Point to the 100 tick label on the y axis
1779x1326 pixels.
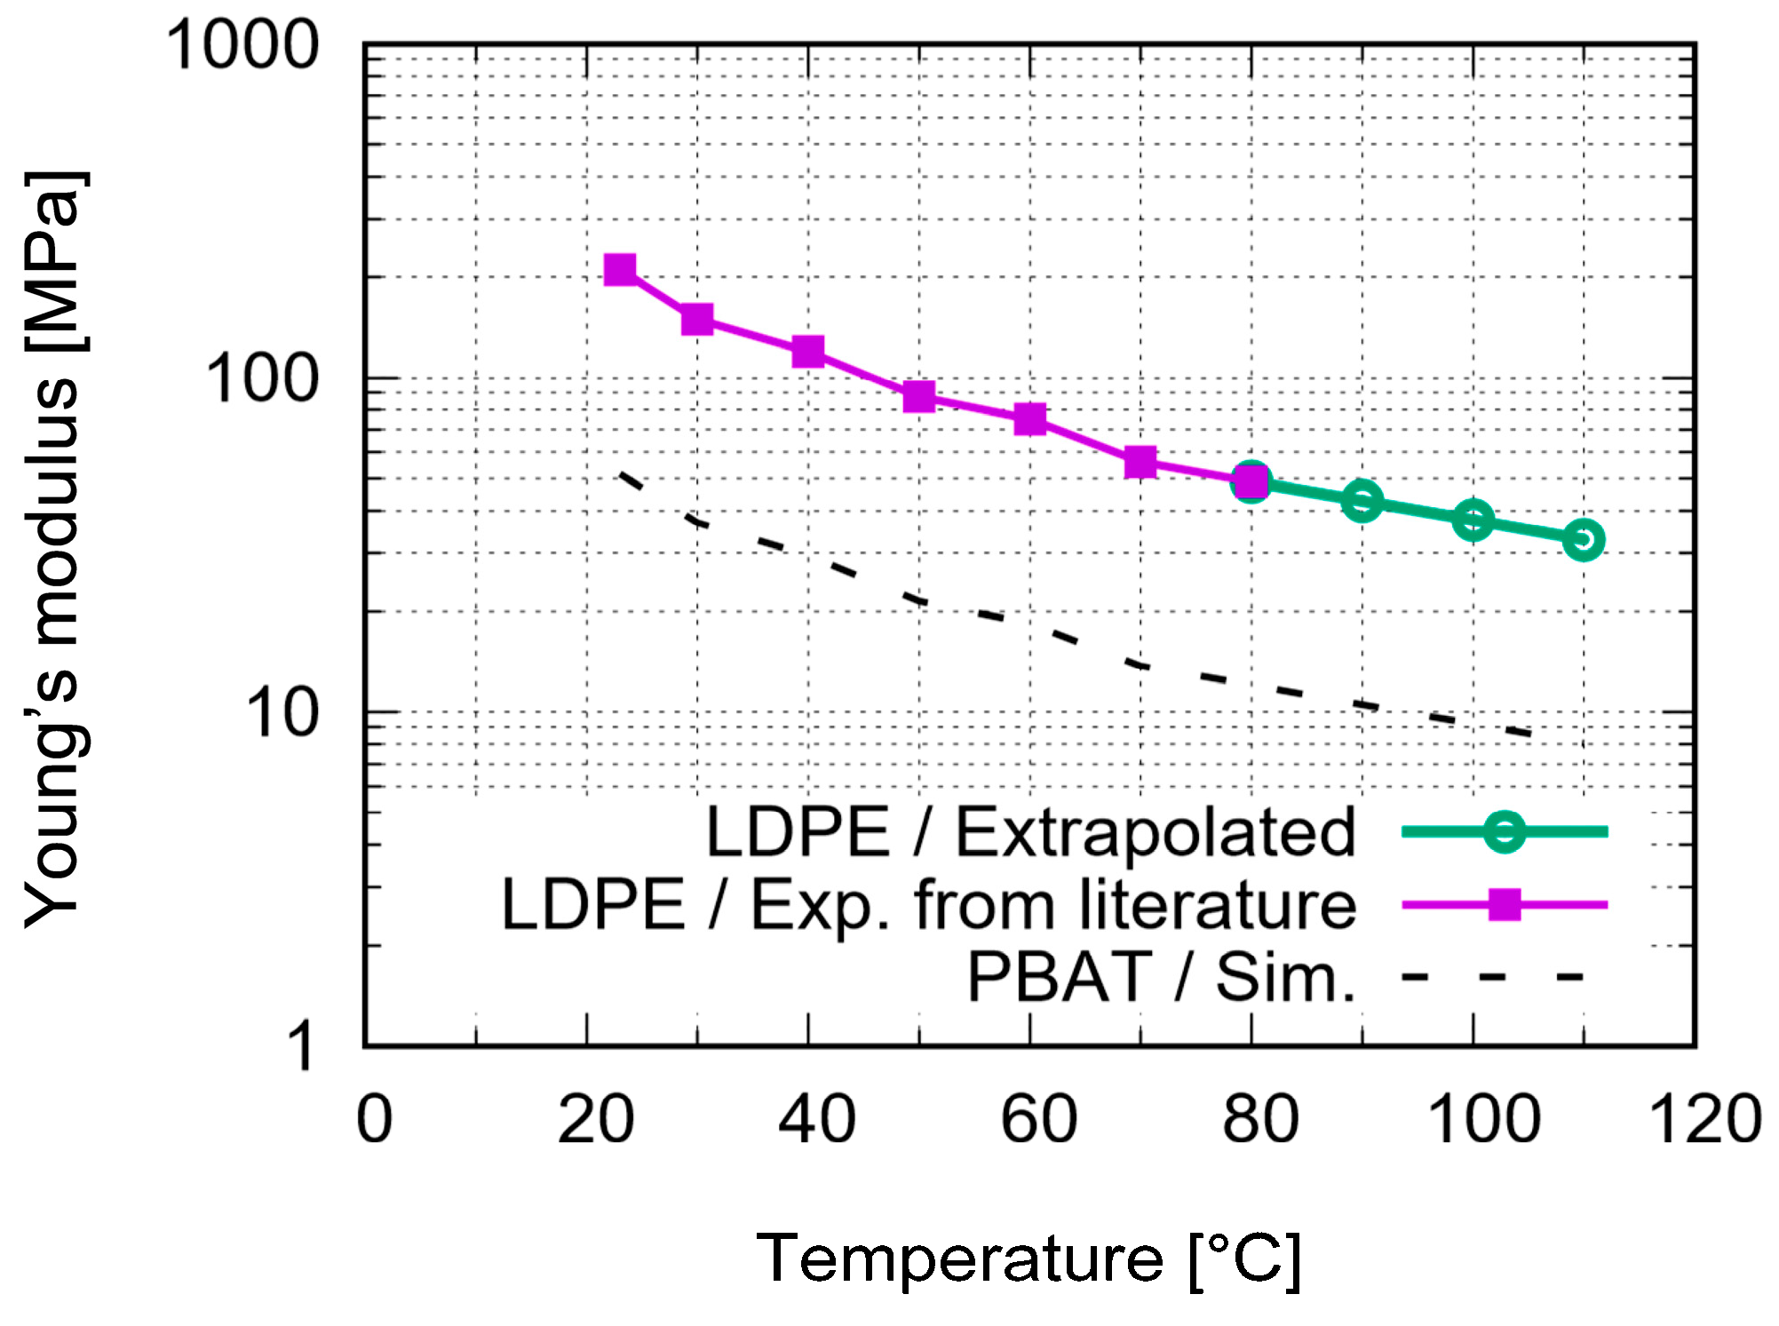pos(262,379)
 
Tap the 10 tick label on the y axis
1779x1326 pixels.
pos(282,713)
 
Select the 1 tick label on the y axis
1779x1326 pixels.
pos(301,1046)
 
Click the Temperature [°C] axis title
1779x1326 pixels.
pos(1028,1259)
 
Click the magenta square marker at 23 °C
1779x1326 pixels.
pos(620,269)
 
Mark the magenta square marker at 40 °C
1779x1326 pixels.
pos(807,352)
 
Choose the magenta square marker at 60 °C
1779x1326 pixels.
pos(1029,418)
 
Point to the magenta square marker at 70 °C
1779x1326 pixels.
pos(1140,462)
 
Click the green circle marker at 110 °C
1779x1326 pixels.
pos(1583,539)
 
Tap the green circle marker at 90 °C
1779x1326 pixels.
pos(1362,501)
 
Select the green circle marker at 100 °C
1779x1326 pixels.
pos(1473,520)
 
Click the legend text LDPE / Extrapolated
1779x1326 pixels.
pos(1030,832)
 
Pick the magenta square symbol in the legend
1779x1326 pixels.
pos(1505,905)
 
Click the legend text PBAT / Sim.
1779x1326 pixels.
pos(1161,978)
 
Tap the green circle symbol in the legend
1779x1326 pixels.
pos(1505,832)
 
